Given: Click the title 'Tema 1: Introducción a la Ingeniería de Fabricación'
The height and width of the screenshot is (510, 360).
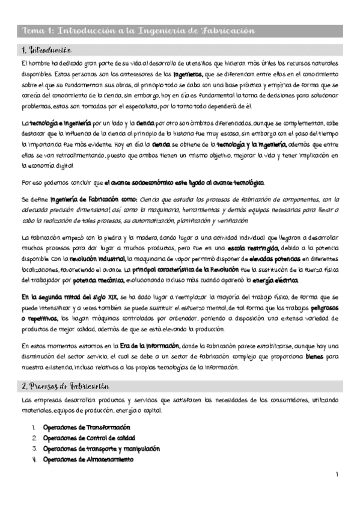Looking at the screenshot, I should [138, 30].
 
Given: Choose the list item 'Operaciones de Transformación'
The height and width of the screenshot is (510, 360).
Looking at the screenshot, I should [87, 426].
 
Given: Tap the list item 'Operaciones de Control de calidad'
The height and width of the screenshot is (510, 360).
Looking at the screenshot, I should [89, 437].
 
